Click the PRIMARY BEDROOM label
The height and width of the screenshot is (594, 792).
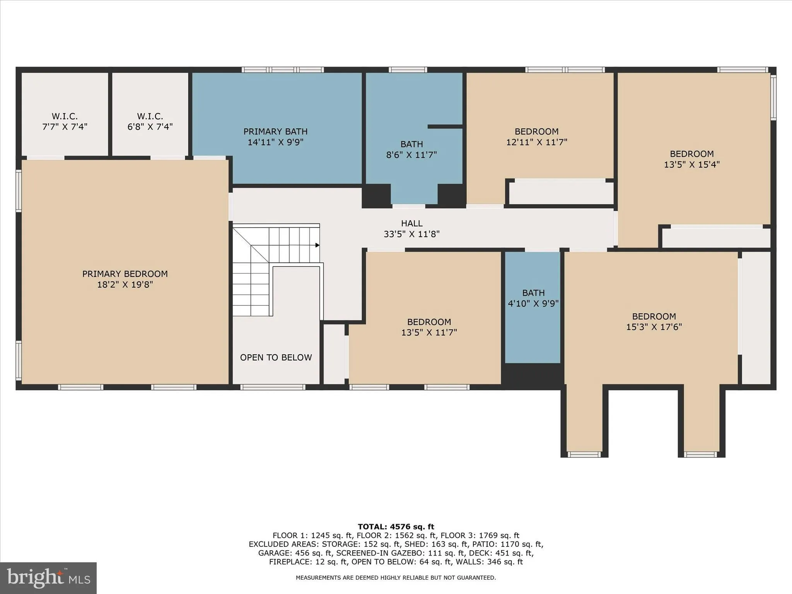click(125, 274)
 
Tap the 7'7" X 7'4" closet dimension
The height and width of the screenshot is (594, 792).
click(65, 126)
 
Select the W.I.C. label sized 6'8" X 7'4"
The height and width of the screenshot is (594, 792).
click(150, 116)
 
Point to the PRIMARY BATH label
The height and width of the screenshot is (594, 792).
click(275, 131)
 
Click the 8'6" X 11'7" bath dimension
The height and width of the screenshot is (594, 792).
click(411, 155)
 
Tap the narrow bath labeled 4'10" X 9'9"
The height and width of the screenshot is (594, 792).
click(533, 298)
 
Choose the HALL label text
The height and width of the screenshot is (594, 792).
click(411, 223)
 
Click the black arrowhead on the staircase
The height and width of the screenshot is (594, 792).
click(317, 245)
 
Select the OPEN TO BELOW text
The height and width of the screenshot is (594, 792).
click(276, 357)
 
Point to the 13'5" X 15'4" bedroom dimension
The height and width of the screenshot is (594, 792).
click(691, 164)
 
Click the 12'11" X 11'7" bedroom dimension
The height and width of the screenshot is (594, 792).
click(536, 142)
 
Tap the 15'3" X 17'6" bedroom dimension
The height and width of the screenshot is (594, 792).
click(654, 327)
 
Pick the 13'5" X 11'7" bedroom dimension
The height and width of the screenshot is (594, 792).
click(429, 332)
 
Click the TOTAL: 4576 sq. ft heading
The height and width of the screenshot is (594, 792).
click(396, 526)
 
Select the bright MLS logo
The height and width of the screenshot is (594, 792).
click(48, 578)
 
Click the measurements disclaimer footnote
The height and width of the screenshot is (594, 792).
click(396, 577)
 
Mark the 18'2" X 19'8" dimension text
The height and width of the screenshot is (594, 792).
click(125, 285)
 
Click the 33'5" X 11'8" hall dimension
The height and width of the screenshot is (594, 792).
click(411, 234)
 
